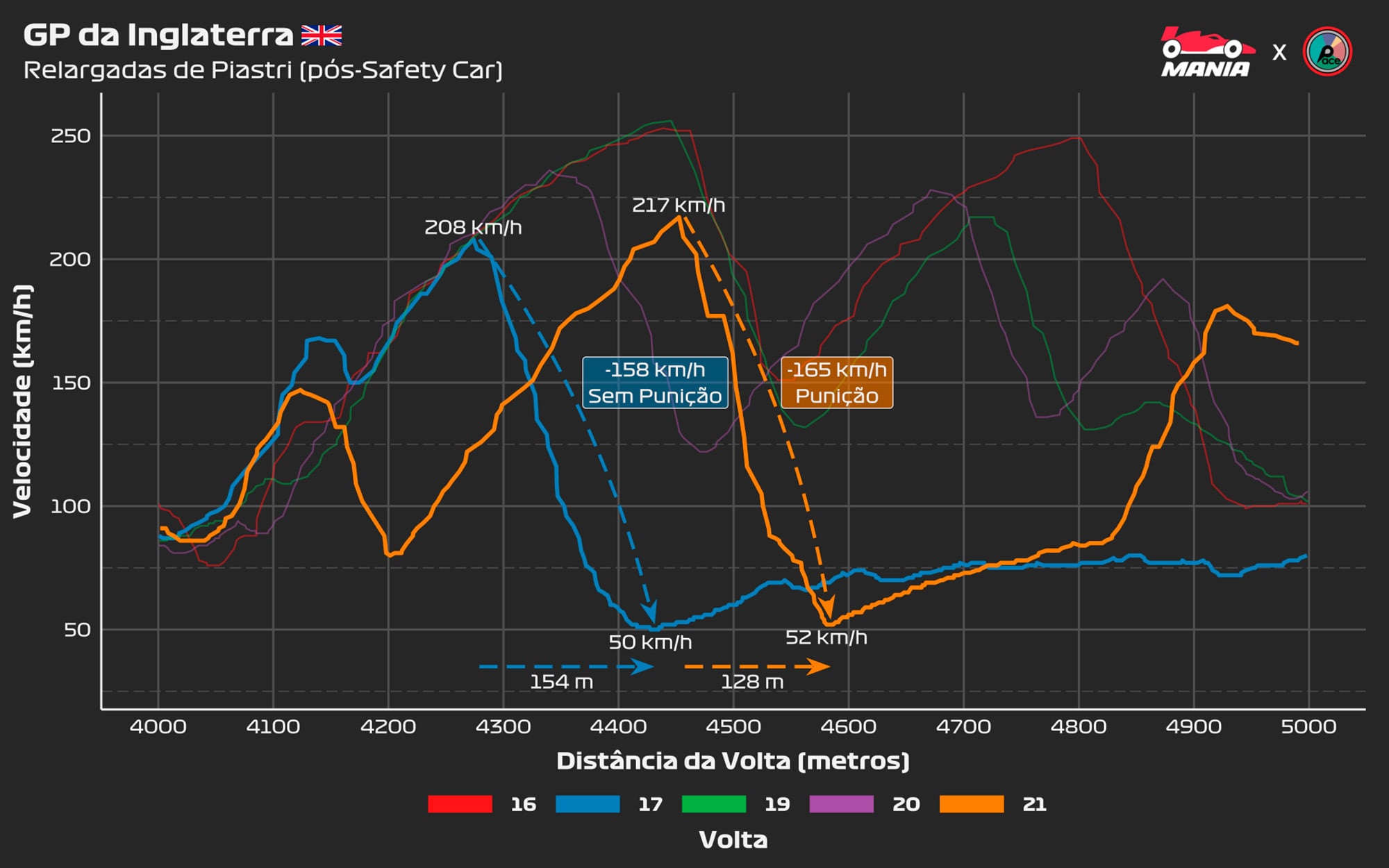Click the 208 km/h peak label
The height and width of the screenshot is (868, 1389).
click(x=473, y=228)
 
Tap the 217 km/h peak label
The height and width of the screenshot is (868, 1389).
click(x=679, y=206)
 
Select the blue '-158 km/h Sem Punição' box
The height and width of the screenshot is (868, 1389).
click(x=655, y=383)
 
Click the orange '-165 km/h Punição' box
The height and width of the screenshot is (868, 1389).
click(x=837, y=383)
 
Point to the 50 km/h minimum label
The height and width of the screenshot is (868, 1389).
click(x=650, y=642)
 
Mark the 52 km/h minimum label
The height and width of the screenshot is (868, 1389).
click(x=826, y=637)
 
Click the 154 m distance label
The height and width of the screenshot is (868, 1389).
click(x=561, y=682)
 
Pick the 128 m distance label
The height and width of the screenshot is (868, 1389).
click(x=752, y=682)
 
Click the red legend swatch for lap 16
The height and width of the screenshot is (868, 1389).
click(x=460, y=804)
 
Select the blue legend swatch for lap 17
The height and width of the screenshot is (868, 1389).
click(x=588, y=804)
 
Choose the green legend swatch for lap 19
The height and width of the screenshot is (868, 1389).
click(x=714, y=804)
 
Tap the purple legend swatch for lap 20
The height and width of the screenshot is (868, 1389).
click(x=842, y=804)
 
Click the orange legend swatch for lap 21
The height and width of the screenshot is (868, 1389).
click(x=972, y=804)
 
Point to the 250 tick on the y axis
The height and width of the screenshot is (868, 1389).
click(x=70, y=136)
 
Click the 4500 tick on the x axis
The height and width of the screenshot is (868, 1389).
click(x=733, y=727)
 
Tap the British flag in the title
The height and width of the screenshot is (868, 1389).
click(x=322, y=35)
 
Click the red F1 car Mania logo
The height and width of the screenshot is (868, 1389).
click(x=1206, y=51)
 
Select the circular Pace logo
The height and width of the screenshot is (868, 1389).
click(x=1327, y=51)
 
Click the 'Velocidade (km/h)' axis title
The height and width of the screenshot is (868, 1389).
click(x=23, y=401)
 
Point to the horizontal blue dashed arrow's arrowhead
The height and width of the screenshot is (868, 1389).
click(x=644, y=667)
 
